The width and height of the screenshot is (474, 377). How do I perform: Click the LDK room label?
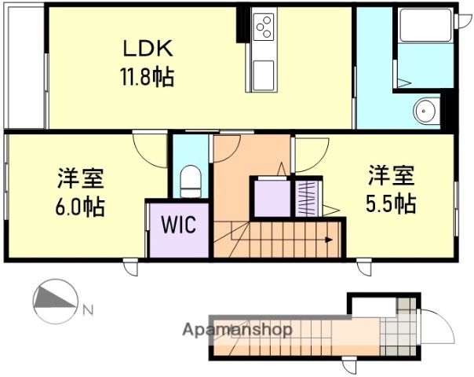point(147,48)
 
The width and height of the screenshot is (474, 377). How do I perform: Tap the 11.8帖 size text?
point(147,78)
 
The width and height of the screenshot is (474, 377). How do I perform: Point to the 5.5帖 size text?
point(390,203)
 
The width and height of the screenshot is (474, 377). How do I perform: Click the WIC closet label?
point(178,225)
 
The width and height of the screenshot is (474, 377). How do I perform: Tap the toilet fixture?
point(191,181)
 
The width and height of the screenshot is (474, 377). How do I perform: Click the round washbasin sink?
point(426,111)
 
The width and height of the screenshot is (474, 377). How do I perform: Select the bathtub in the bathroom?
point(425,27)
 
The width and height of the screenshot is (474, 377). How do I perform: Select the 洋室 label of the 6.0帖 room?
point(80,178)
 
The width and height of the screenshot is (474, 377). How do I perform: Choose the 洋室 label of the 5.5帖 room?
point(390,174)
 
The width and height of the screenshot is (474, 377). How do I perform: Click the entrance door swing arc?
point(438,324)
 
